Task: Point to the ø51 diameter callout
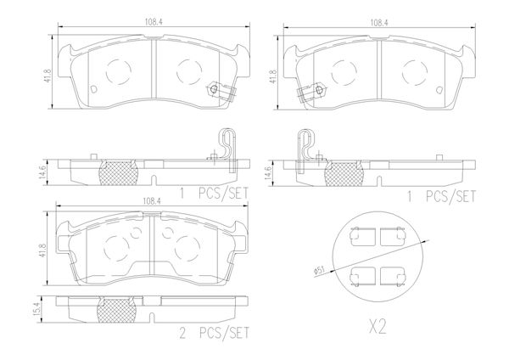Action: [319, 270]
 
